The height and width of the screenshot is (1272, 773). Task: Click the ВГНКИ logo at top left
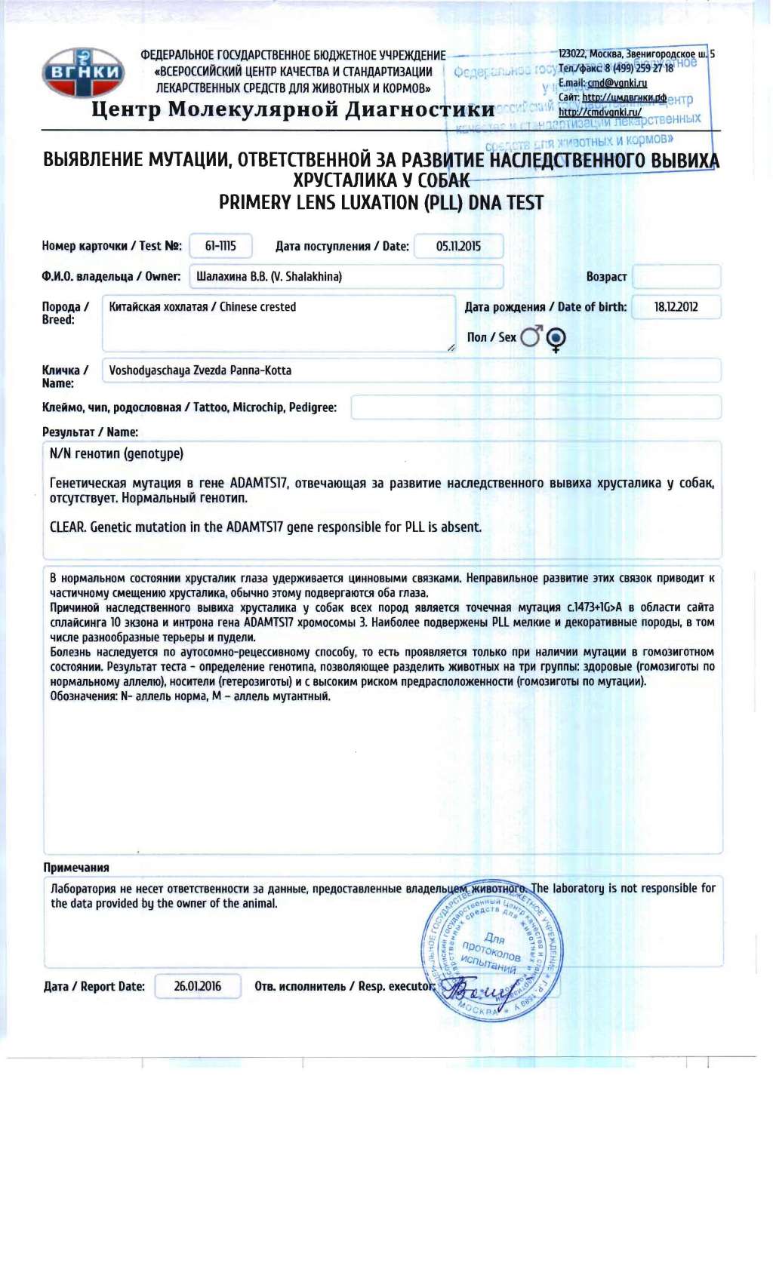(83, 73)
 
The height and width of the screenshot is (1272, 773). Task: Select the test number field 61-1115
(220, 246)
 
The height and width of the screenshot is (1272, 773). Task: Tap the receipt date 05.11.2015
(458, 246)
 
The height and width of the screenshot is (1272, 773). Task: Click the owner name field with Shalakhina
(345, 277)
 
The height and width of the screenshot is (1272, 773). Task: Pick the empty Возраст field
(676, 277)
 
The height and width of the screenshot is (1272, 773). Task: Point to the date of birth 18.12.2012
(676, 307)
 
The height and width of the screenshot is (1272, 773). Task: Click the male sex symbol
(531, 336)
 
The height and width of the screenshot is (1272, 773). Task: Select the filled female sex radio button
(556, 337)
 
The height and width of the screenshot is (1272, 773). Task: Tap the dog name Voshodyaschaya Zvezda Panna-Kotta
(200, 370)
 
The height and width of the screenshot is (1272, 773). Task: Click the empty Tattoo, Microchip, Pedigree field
(535, 407)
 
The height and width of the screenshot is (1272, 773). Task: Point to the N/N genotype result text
(116, 453)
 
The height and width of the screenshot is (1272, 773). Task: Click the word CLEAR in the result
(67, 527)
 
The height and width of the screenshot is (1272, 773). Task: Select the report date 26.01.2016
(198, 986)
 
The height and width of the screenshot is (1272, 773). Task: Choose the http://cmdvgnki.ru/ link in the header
(600, 112)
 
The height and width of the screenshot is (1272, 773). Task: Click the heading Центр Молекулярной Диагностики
(293, 109)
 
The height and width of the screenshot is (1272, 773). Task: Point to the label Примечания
(76, 868)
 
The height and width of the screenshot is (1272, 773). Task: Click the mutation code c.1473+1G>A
(595, 607)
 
